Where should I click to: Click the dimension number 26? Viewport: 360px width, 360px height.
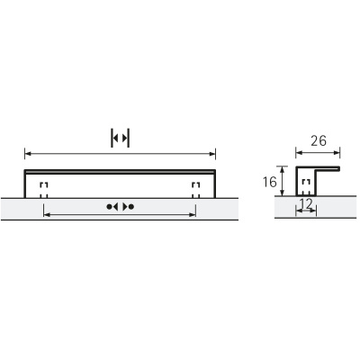[x=319, y=140]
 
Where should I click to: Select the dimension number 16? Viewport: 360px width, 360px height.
[x=268, y=182]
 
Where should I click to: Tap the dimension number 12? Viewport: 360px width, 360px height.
[x=307, y=206]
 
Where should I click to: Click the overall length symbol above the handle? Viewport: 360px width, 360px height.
[x=120, y=138]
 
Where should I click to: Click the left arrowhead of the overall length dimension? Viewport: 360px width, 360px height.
[x=27, y=152]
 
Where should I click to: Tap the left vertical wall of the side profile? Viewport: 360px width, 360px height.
[x=298, y=183]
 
